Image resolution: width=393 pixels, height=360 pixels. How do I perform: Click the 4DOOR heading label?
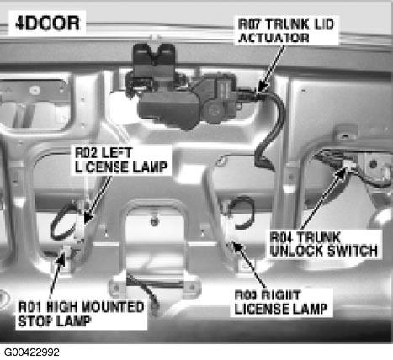tap(48, 24)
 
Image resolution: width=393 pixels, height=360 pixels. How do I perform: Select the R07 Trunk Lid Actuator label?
tap(286, 31)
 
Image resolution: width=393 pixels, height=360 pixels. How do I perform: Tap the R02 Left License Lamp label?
tap(121, 160)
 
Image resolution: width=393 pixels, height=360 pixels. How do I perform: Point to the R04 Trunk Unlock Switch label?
tap(323, 244)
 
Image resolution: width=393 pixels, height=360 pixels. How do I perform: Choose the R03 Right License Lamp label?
tap(281, 302)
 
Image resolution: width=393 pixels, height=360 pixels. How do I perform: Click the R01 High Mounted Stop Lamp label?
tap(81, 314)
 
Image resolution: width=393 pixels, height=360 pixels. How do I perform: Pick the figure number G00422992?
tap(31, 352)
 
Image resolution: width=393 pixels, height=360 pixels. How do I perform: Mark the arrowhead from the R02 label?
tap(88, 218)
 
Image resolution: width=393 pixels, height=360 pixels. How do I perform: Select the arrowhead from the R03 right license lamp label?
tap(236, 246)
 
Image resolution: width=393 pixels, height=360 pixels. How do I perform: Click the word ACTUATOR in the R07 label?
tap(274, 38)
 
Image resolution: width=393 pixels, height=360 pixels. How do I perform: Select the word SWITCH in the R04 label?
tap(353, 251)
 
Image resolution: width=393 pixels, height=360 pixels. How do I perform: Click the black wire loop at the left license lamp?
tap(62, 221)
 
